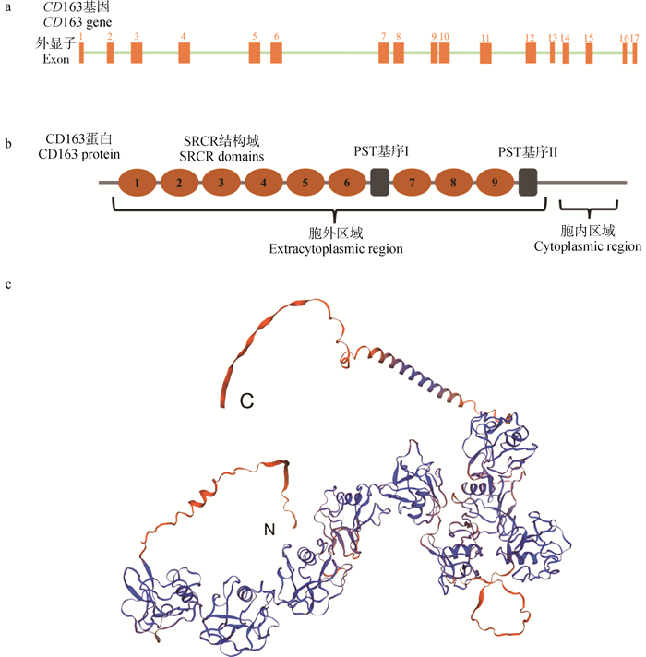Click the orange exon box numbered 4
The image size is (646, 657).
[184, 53]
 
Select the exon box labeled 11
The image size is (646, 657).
[485, 53]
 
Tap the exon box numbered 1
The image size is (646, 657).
[81, 53]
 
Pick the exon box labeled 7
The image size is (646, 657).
[383, 53]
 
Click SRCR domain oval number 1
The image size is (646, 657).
[137, 182]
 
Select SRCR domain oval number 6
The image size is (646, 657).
[346, 182]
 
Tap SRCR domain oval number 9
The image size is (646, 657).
[496, 182]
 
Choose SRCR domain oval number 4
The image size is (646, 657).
[263, 182]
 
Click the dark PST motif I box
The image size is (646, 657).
[378, 182]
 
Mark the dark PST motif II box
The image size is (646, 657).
[528, 182]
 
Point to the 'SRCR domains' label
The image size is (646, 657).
[222, 156]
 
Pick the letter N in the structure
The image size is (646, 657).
[269, 529]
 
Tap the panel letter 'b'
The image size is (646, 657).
[9, 144]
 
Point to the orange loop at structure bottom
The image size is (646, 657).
[502, 609]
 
